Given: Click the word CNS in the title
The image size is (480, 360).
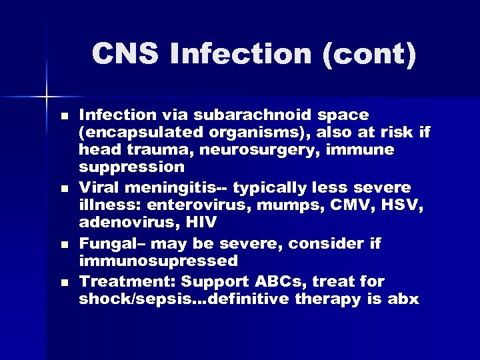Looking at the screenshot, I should (x=125, y=54).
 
